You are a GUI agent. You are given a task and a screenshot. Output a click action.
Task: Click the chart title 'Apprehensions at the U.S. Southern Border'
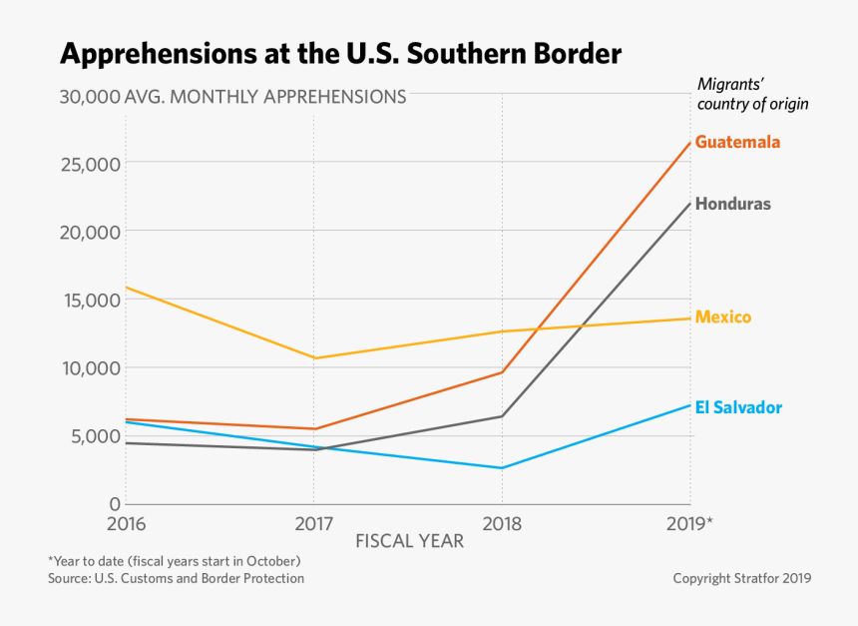tap(340, 53)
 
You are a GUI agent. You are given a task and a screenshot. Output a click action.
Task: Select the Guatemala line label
tap(737, 142)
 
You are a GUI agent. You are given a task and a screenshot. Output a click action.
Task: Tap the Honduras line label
tap(732, 204)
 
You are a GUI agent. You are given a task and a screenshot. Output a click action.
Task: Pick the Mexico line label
tap(722, 317)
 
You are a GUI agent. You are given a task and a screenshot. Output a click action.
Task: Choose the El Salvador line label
tap(738, 407)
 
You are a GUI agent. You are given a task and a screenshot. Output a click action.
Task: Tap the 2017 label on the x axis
tap(313, 523)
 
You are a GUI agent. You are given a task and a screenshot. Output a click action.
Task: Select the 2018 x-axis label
tap(501, 523)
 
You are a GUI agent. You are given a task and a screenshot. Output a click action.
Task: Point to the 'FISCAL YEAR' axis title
tap(409, 541)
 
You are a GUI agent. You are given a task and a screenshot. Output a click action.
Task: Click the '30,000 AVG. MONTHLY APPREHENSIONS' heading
tap(232, 97)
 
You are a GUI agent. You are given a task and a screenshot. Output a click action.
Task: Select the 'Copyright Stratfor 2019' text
tap(741, 578)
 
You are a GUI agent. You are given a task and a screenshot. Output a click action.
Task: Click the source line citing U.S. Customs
tap(176, 578)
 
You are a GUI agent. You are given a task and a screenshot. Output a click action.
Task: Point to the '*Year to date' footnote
tap(174, 561)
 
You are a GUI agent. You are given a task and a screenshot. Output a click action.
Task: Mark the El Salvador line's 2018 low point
tap(502, 467)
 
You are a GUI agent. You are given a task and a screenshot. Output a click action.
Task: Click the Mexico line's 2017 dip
tap(314, 357)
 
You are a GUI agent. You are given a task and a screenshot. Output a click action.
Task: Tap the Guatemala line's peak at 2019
tap(689, 143)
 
